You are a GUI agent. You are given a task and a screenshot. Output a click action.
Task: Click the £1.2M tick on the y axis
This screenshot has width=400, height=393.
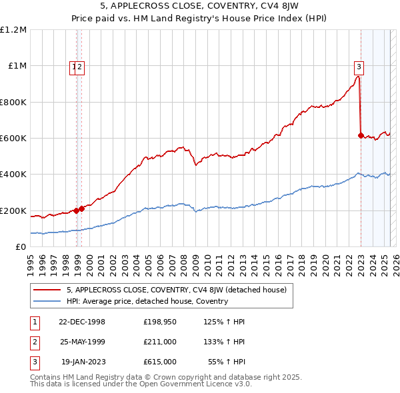click(x=13, y=30)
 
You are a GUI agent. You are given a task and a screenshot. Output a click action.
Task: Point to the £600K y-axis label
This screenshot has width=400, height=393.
click(x=13, y=139)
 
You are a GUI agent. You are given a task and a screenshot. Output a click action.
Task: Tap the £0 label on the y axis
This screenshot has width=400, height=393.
click(x=20, y=247)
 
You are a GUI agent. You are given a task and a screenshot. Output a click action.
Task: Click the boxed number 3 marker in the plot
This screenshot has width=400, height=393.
click(x=359, y=66)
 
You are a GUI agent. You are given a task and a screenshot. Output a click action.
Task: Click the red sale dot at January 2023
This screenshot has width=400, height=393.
click(x=361, y=135)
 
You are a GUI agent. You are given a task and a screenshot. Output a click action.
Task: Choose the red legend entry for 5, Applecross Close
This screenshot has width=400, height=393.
click(x=176, y=290)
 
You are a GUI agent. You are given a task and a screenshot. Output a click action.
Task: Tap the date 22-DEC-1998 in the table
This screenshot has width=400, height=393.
click(x=82, y=321)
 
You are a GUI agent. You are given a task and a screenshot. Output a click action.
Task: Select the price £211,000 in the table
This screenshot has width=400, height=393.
click(x=160, y=342)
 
